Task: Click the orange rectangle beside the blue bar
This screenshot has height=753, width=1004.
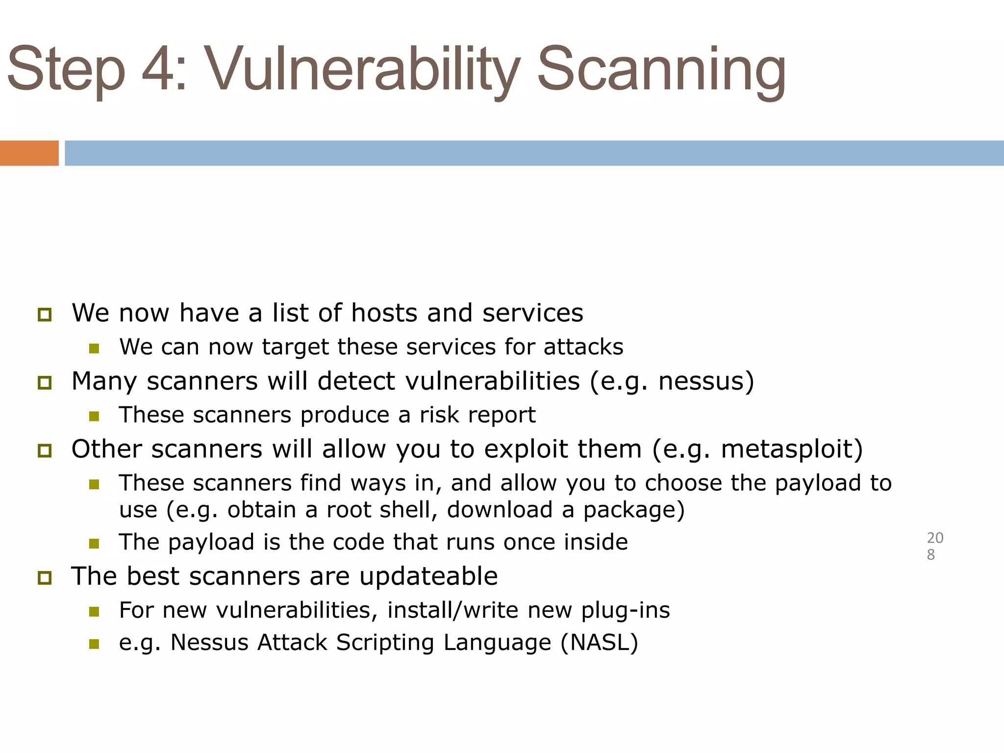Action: click(x=29, y=153)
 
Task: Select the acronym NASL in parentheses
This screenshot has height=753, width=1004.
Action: click(x=599, y=643)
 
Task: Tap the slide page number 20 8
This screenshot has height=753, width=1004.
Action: click(x=934, y=546)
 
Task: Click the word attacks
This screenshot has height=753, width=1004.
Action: click(x=583, y=347)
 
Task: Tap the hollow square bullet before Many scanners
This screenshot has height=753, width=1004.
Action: click(x=45, y=382)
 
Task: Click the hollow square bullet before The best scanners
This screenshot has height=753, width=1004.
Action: click(x=45, y=578)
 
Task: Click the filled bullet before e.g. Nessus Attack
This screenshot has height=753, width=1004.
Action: click(x=94, y=644)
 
